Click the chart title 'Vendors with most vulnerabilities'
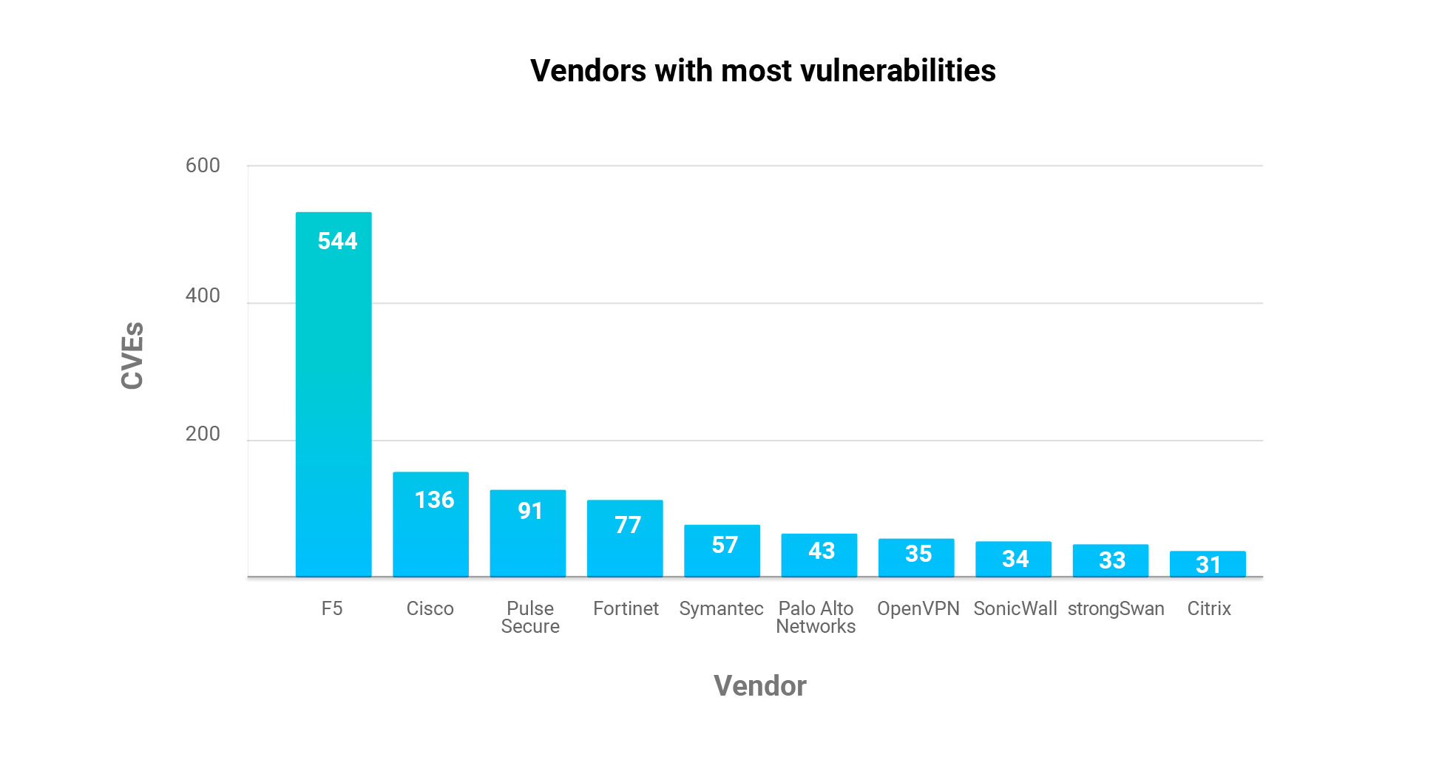[762, 71]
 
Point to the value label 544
[337, 241]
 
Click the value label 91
[530, 511]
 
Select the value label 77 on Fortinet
[628, 525]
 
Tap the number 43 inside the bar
[822, 551]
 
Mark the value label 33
[1112, 560]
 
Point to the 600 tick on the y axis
[203, 166]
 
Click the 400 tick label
[203, 296]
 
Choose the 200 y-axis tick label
[203, 434]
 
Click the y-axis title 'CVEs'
[132, 356]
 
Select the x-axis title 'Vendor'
[759, 686]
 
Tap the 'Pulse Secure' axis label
[530, 617]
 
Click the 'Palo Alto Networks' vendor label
[816, 617]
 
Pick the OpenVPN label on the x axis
[918, 608]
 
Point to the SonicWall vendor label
[1015, 608]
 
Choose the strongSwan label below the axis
[1116, 608]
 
